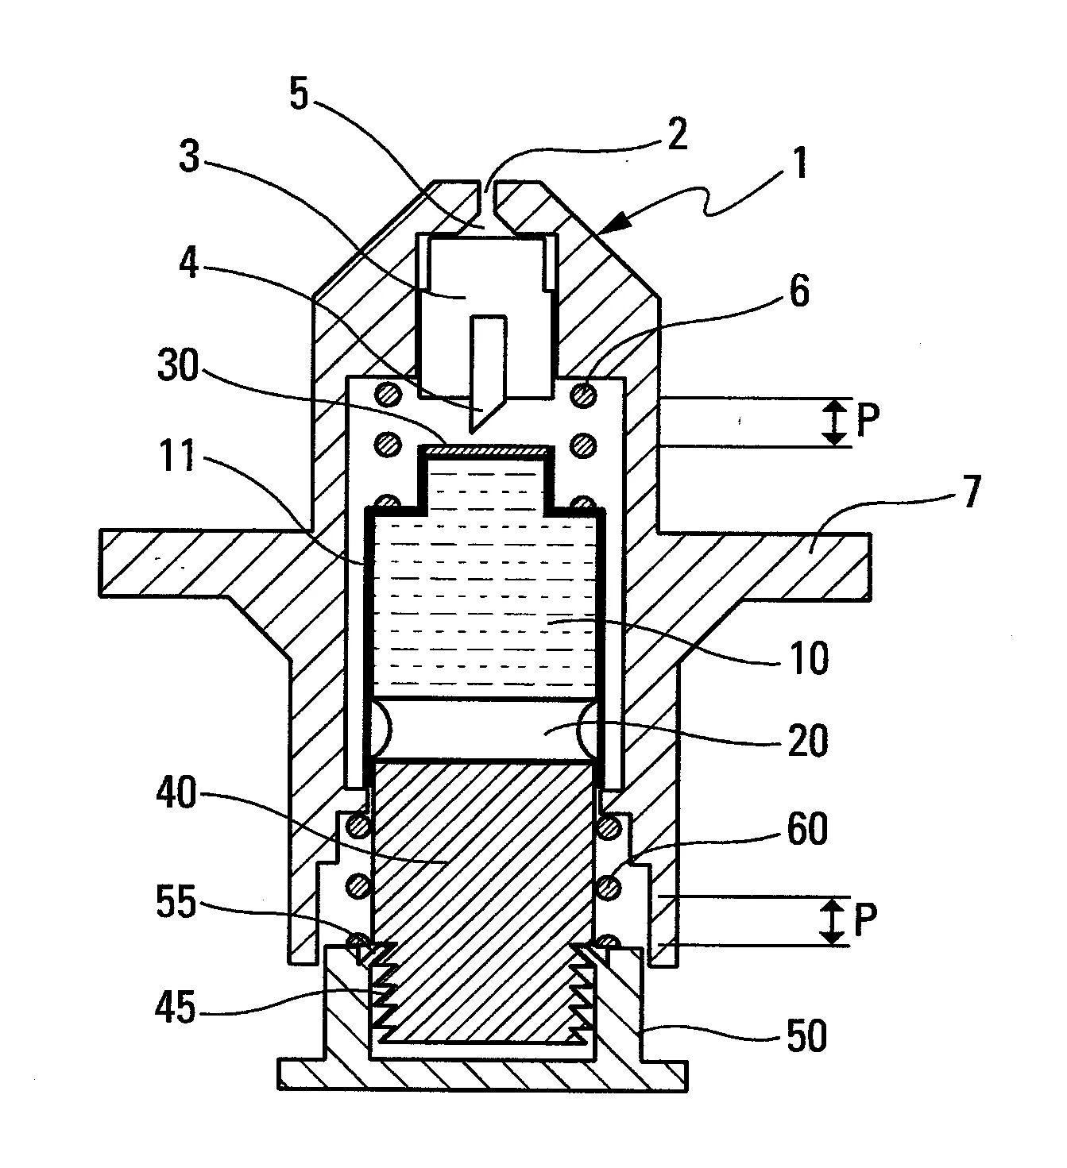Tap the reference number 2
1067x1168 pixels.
(x=677, y=133)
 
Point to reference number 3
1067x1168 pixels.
(x=189, y=156)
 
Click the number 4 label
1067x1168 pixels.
(x=189, y=263)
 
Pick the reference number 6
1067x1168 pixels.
(x=799, y=291)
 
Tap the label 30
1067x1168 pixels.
(x=178, y=365)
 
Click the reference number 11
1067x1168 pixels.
(x=177, y=456)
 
